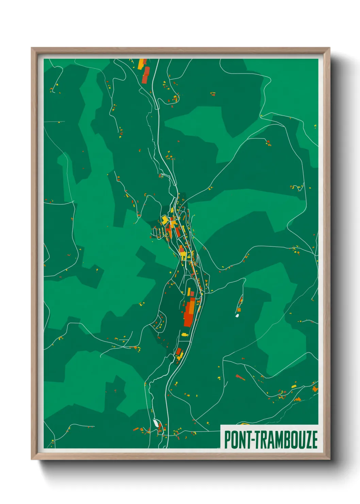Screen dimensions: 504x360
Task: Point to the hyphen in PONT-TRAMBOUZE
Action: coord(252,440)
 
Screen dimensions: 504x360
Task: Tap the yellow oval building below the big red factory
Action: coord(184,334)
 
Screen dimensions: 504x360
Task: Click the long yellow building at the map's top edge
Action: coord(141,64)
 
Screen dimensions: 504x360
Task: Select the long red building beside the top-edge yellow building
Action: coord(146,75)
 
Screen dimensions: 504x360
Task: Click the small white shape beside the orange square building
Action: coord(237,316)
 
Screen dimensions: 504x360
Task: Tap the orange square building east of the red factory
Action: coord(239,310)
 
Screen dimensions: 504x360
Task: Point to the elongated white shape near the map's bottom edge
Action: coord(156,423)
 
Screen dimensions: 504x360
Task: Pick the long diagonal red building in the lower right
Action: coord(240,377)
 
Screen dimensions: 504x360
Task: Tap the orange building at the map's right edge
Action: coord(315,388)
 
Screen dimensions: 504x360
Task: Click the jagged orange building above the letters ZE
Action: coord(298,399)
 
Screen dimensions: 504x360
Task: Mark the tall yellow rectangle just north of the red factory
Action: coord(189,292)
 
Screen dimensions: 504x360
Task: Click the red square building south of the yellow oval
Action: coord(178,351)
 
